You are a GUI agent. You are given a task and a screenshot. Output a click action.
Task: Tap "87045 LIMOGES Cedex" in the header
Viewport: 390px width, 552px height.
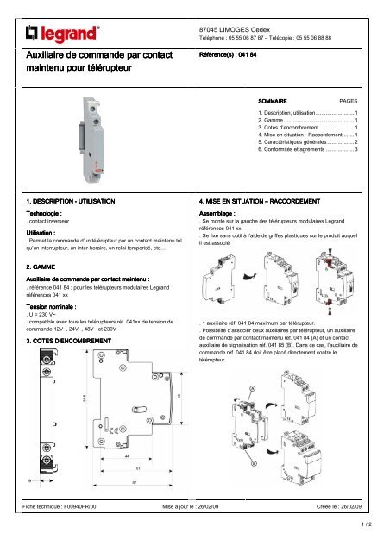tap(234, 30)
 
